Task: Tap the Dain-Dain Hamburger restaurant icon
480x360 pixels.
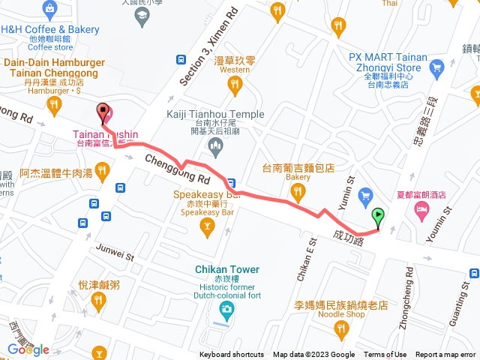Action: (x=53, y=106)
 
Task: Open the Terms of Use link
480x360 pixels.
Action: (x=385, y=355)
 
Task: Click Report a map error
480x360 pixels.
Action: (x=445, y=355)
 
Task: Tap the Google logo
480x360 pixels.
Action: (x=28, y=349)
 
